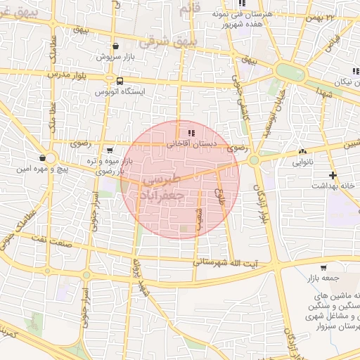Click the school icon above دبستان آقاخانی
point(191,134)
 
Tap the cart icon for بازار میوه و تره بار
point(110,150)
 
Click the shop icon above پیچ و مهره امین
point(44,157)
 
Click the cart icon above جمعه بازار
point(323,267)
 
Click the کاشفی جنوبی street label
point(244,108)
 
